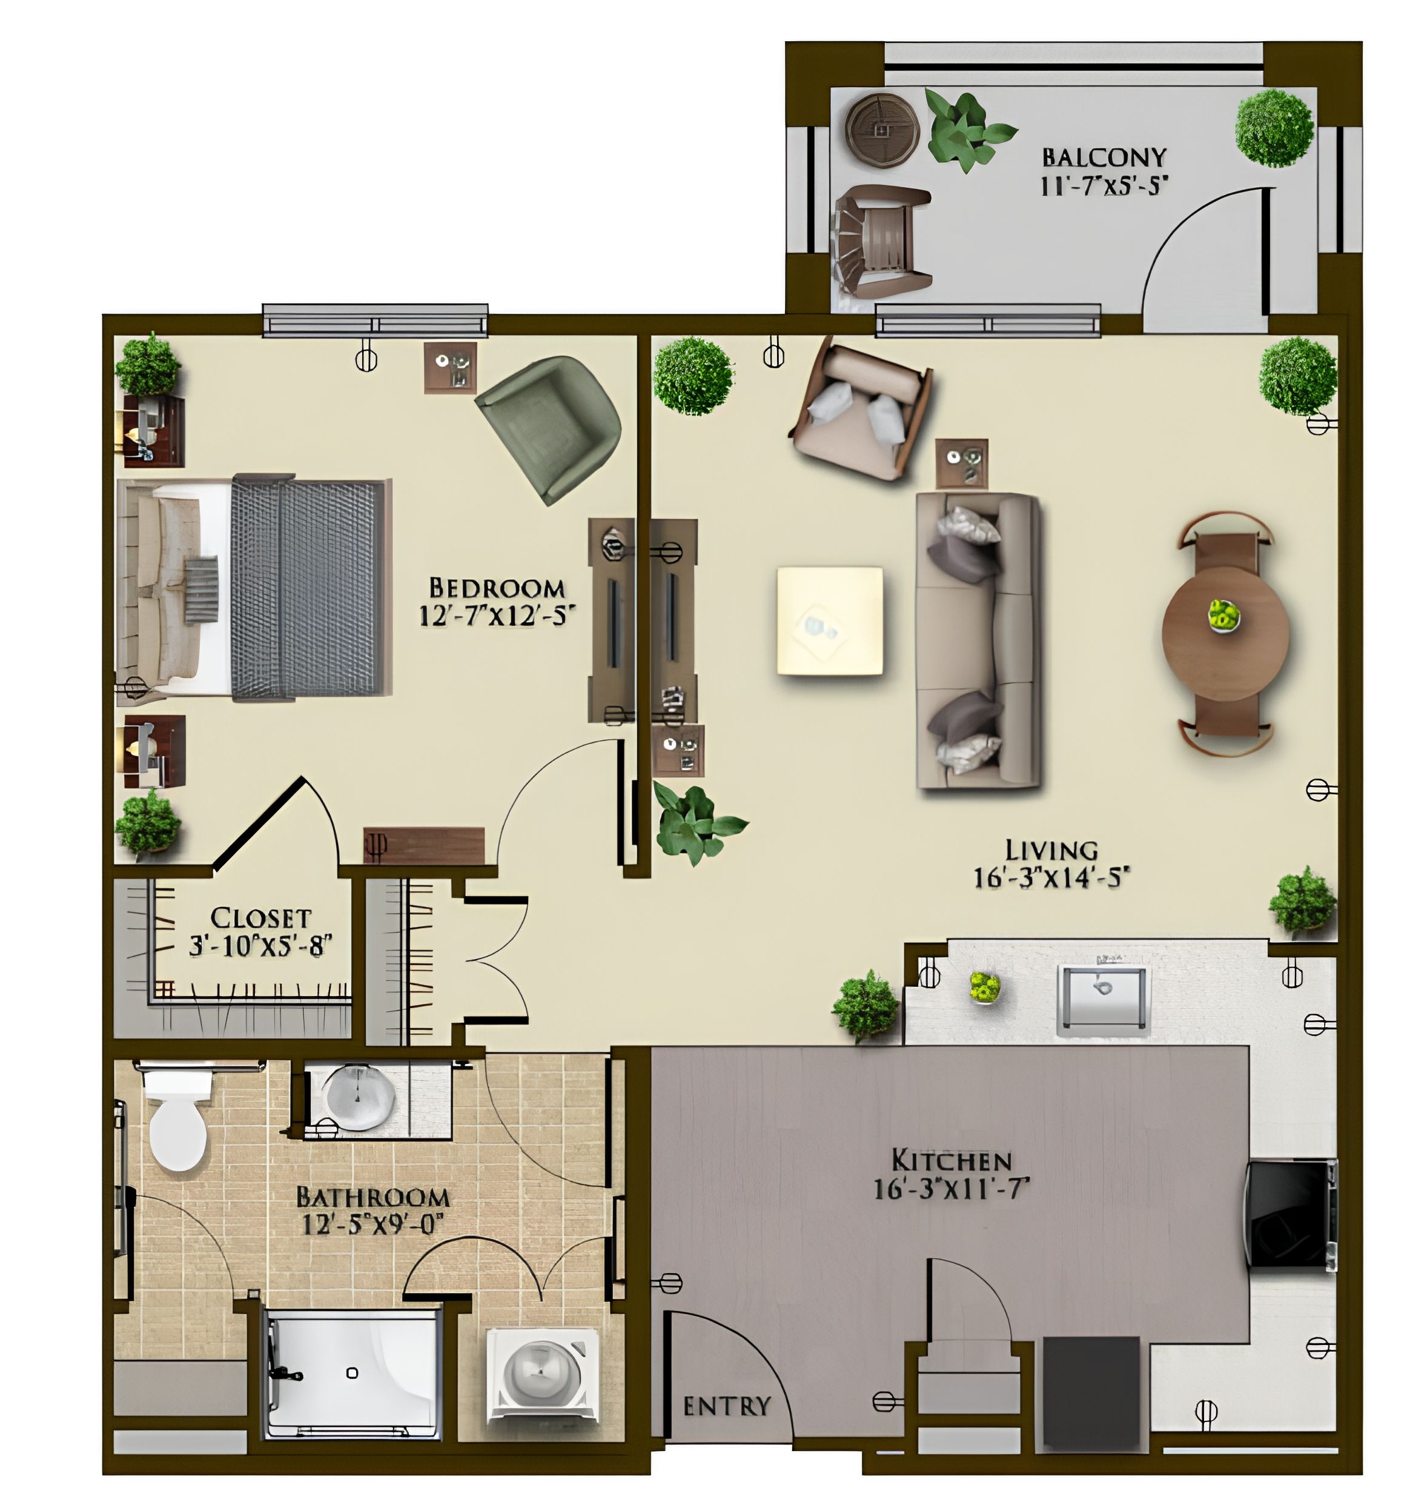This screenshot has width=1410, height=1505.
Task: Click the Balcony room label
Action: [x=1104, y=157]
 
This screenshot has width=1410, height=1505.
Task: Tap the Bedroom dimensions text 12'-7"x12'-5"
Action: [x=492, y=616]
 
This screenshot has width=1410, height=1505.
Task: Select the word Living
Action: [x=1051, y=850]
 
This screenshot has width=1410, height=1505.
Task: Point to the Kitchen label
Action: [x=952, y=1160]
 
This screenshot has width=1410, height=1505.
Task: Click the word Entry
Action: [x=727, y=1407]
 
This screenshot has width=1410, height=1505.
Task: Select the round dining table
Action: [x=1225, y=633]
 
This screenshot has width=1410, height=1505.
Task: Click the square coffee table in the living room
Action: [x=830, y=620]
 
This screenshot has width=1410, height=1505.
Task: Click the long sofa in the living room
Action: [x=978, y=640]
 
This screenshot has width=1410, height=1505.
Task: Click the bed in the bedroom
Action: [x=254, y=588]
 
